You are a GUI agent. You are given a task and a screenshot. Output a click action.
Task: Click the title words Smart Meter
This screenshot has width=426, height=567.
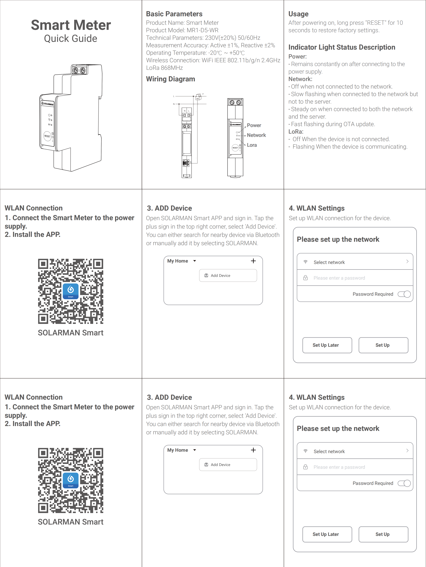pos(71,25)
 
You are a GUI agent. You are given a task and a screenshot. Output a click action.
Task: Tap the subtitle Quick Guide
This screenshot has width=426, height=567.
pos(71,39)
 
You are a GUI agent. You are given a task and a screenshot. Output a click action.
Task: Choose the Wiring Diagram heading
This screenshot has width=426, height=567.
pos(171,79)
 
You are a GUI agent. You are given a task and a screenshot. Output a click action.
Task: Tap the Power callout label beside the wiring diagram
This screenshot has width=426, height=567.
pos(254,125)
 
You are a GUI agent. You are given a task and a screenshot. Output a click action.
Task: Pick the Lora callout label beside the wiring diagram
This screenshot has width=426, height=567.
pos(252,145)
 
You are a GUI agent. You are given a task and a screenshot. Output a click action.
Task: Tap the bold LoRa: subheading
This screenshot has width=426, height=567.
pos(296,132)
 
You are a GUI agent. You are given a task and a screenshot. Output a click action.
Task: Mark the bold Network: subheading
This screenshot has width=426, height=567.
pos(300,79)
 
